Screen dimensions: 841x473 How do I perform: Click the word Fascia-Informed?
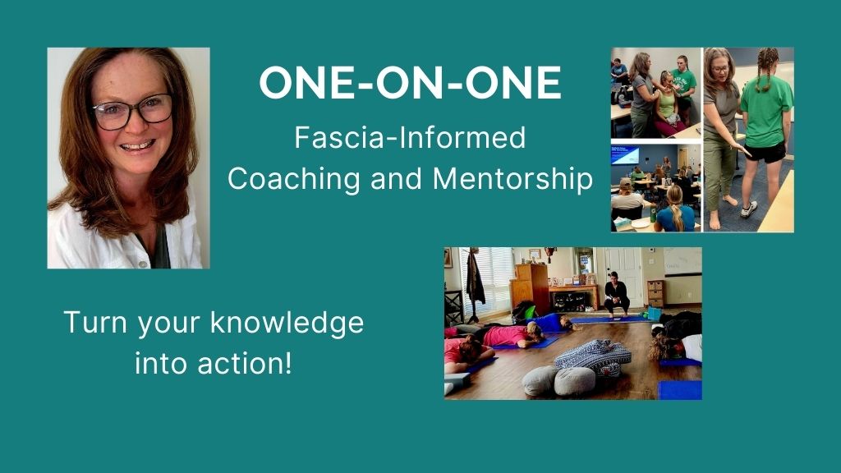410,137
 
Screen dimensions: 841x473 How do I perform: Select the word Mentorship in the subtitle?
512,178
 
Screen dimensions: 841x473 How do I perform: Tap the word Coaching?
294,178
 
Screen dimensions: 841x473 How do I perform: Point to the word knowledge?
287,323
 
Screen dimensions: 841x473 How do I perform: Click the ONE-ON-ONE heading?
411,83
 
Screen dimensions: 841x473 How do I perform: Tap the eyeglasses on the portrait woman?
132,111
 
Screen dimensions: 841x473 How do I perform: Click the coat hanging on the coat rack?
476,279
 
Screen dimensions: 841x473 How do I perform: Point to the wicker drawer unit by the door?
655,292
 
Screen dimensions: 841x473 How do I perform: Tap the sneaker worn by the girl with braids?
749,209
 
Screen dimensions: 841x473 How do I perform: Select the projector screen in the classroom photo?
625,155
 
